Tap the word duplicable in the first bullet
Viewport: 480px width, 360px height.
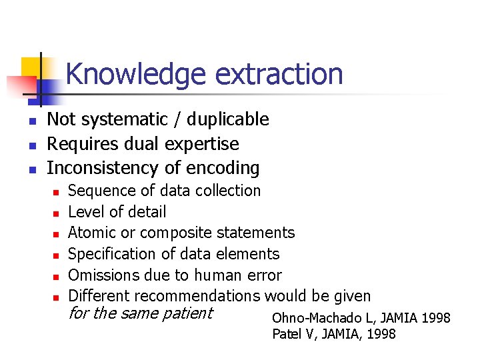click(228, 119)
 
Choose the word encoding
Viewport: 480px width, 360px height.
click(225, 168)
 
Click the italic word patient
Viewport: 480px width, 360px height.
click(187, 313)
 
